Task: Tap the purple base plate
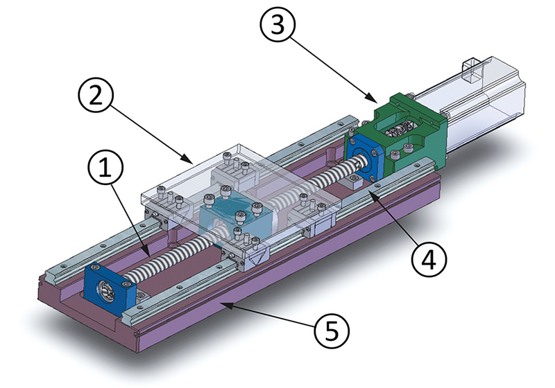(x=277, y=291)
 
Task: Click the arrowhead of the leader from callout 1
(x=148, y=254)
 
